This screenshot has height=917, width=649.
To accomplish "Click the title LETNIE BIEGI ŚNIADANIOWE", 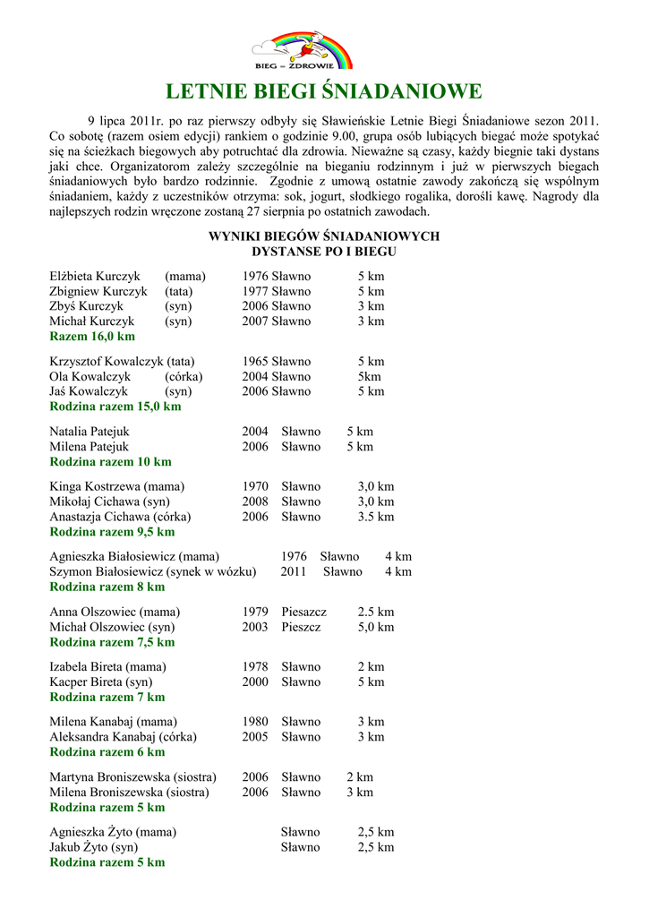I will pyautogui.click(x=324, y=91).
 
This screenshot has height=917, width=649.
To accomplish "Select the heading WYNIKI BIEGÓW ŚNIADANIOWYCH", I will pyautogui.click(x=324, y=236).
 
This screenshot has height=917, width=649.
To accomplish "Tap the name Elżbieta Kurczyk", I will pyautogui.click(x=93, y=276).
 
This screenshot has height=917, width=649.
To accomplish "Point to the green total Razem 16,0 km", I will pyautogui.click(x=92, y=337).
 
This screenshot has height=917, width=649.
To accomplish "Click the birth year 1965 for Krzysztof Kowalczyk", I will pyautogui.click(x=255, y=361).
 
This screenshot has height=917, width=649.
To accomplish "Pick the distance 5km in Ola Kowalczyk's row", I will pyautogui.click(x=369, y=376).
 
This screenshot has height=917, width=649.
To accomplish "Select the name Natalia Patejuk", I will pyautogui.click(x=90, y=432).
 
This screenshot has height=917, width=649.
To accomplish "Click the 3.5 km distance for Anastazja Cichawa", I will pyautogui.click(x=376, y=517).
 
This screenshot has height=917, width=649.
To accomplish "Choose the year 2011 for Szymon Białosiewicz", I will pyautogui.click(x=294, y=571).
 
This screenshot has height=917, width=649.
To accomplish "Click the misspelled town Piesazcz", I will pyautogui.click(x=303, y=612).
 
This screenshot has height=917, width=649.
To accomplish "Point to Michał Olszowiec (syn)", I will pyautogui.click(x=112, y=627).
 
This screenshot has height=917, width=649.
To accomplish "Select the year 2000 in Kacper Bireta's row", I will pyautogui.click(x=255, y=682).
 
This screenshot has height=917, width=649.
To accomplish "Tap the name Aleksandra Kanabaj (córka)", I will pyautogui.click(x=123, y=737).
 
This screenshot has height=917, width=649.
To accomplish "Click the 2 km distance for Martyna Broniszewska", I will pyautogui.click(x=360, y=777).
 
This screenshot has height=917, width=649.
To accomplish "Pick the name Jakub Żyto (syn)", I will pyautogui.click(x=93, y=847).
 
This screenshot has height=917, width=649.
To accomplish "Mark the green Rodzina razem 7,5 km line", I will pyautogui.click(x=112, y=642).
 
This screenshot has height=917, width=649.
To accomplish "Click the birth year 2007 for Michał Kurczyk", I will pyautogui.click(x=255, y=321).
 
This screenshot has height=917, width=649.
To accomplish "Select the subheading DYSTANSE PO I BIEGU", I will pyautogui.click(x=324, y=252).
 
